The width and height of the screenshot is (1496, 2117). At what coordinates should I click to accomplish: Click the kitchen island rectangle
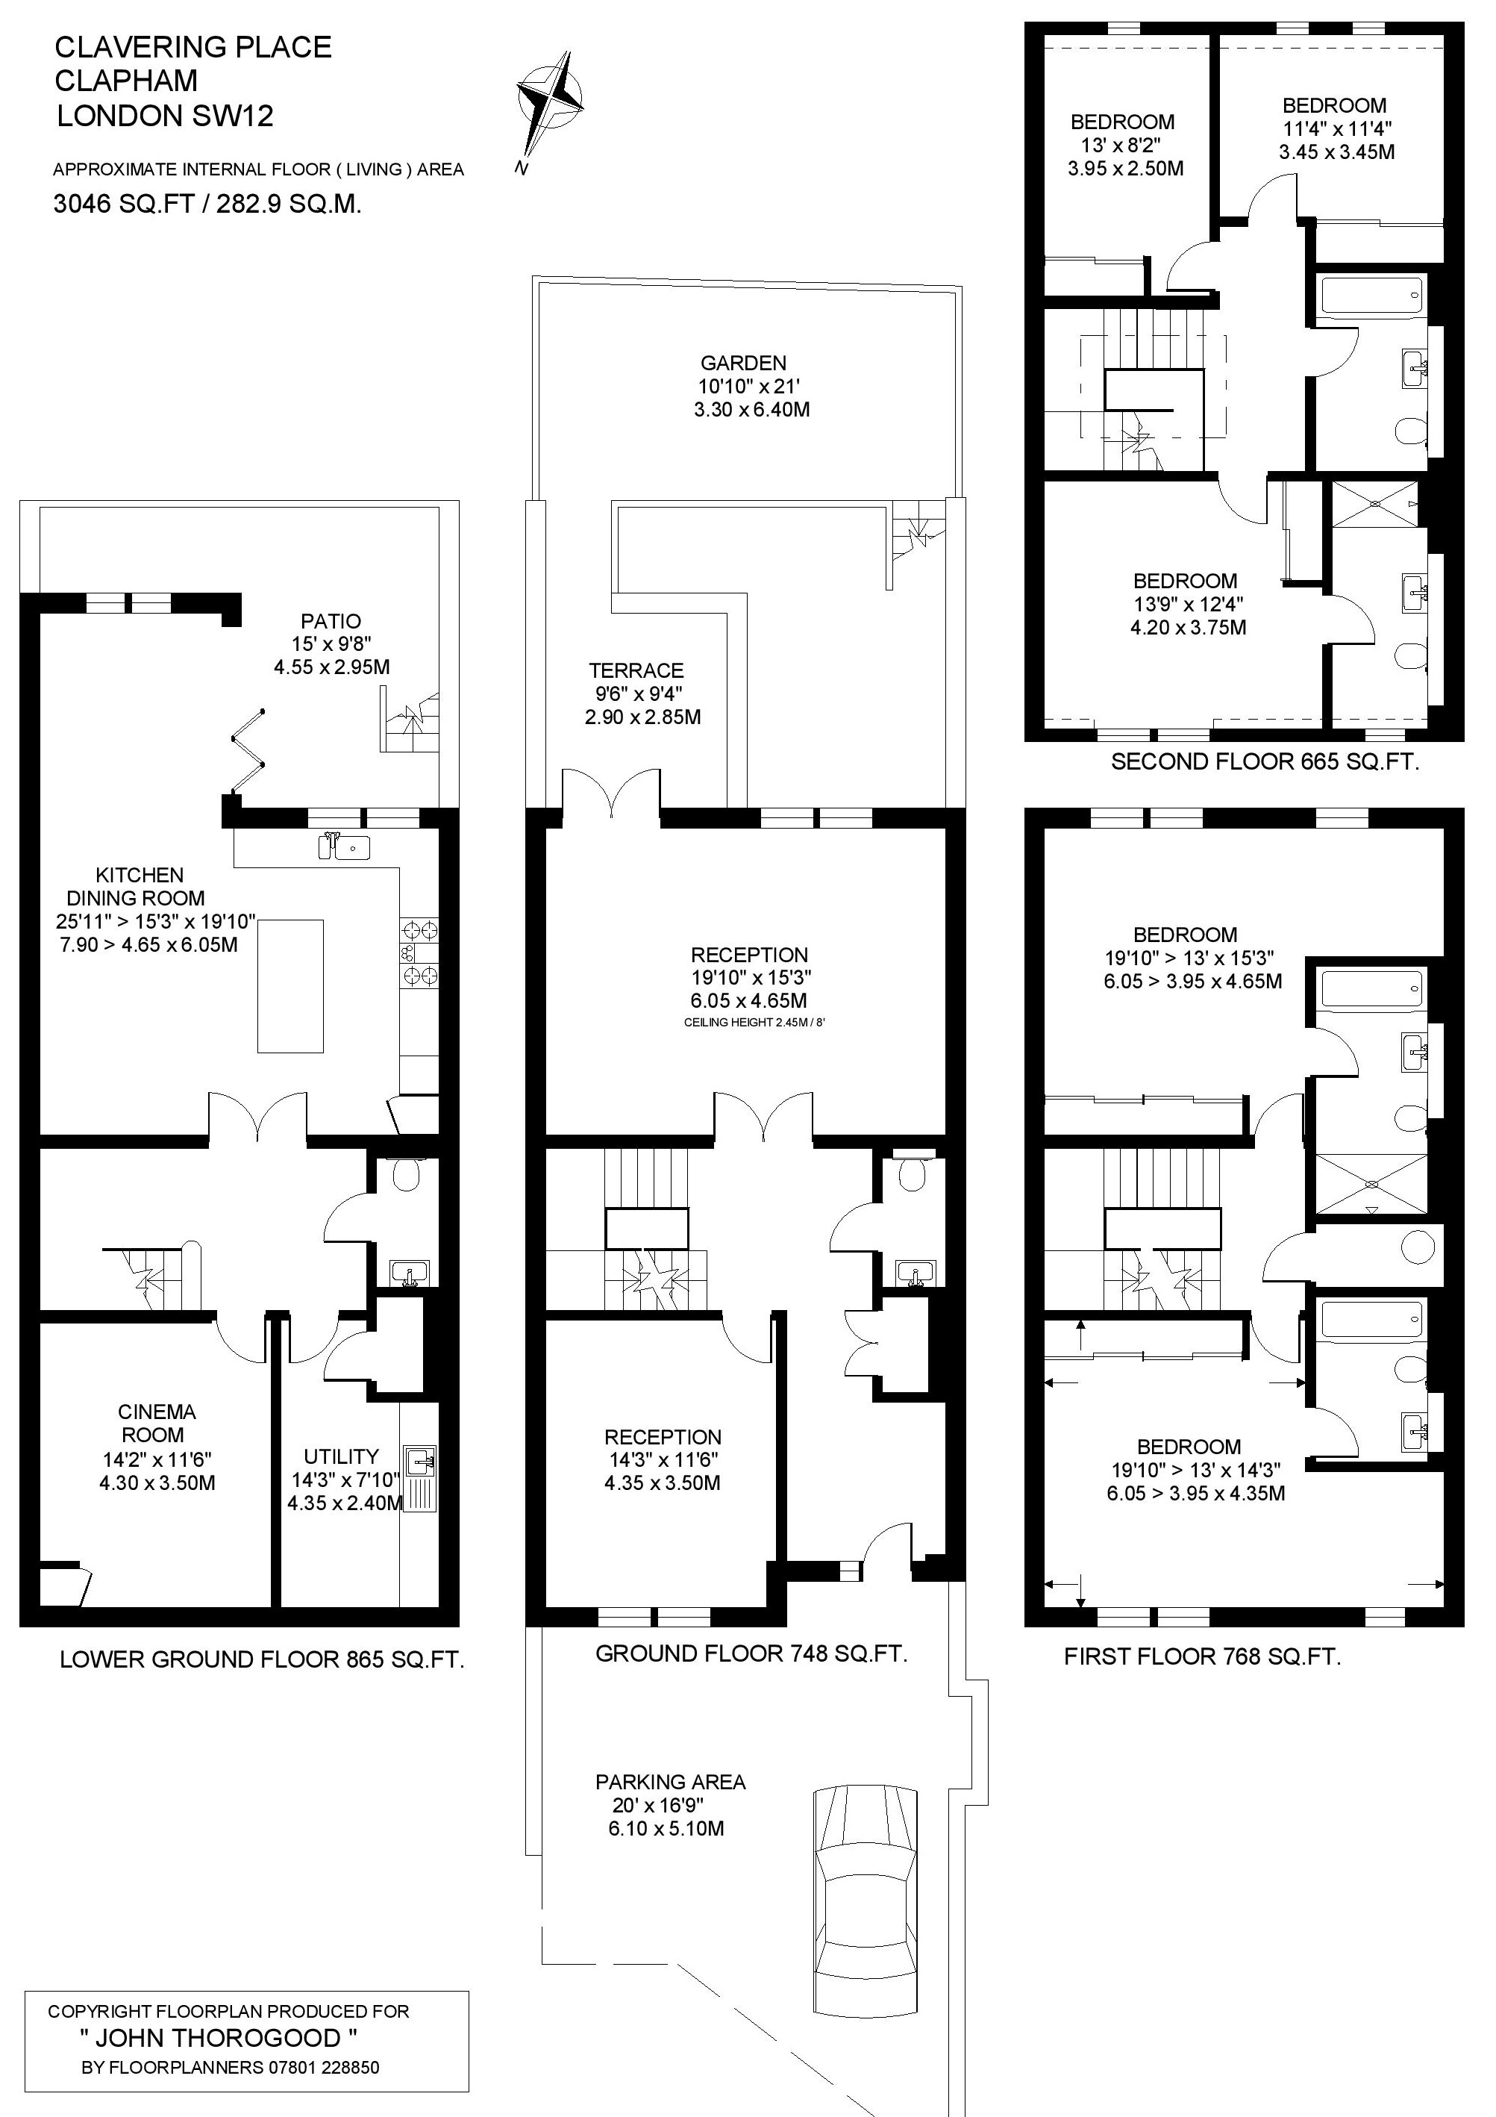290,985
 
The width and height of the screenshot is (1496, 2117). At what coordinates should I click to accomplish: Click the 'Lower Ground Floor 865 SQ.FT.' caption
262,1659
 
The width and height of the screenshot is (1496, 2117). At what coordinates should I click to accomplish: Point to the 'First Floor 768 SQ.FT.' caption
1202,1657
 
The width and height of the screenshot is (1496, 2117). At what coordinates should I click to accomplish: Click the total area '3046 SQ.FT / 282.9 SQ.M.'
207,204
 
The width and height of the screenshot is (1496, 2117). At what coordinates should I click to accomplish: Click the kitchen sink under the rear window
345,847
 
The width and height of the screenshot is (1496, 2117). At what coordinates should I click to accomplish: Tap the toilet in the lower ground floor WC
406,1173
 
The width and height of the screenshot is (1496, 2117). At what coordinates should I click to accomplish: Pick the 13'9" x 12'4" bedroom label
1188,605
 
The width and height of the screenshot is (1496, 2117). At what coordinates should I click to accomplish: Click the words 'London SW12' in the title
165,116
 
